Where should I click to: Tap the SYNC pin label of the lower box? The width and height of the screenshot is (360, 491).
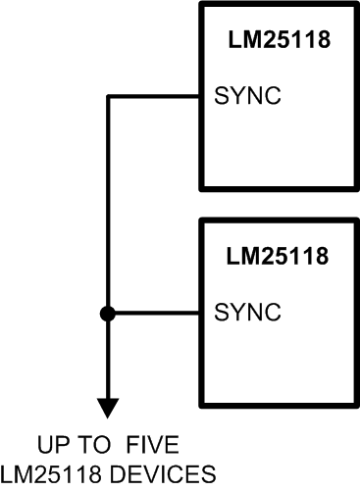[248, 314]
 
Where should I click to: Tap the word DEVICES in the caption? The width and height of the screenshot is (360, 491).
[169, 474]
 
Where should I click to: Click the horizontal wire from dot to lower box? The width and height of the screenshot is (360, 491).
[157, 314]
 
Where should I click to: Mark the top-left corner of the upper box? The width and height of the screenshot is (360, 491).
[202, 5]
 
